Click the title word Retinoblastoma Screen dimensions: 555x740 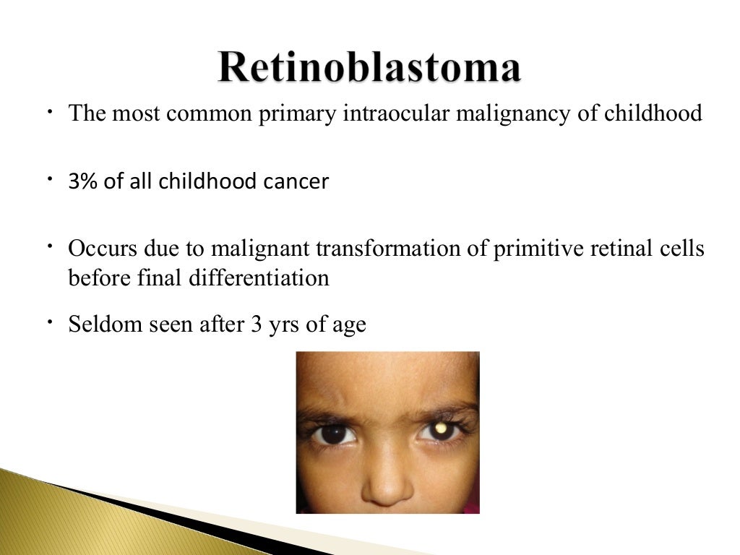(x=369, y=69)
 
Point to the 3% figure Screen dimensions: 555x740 (x=83, y=181)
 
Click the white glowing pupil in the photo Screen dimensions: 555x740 (x=439, y=431)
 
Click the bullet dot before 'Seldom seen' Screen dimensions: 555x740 (x=53, y=320)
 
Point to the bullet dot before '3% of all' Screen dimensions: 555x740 (x=53, y=177)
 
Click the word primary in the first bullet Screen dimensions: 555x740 (x=296, y=115)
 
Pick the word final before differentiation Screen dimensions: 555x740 (x=158, y=278)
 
